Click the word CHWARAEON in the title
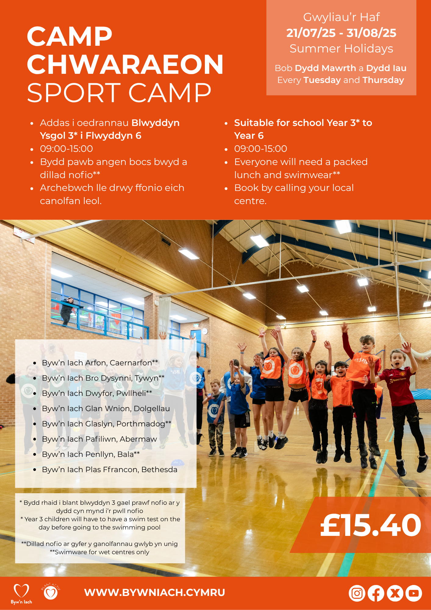click(125, 64)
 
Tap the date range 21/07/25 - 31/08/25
click(341, 33)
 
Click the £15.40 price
click(371, 525)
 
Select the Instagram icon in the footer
click(357, 593)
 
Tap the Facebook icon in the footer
click(376, 593)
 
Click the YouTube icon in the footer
click(414, 593)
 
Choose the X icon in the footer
click(395, 593)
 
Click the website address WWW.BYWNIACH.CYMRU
click(155, 592)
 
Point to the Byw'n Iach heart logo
click(21, 594)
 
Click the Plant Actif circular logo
click(51, 591)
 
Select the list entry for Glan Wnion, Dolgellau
click(106, 408)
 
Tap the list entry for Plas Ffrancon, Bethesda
click(109, 469)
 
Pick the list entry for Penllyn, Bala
click(91, 454)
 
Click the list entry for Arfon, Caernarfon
click(100, 363)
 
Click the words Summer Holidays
click(341, 49)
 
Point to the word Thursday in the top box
click(383, 80)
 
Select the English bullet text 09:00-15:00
click(261, 149)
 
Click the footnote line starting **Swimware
click(99, 552)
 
